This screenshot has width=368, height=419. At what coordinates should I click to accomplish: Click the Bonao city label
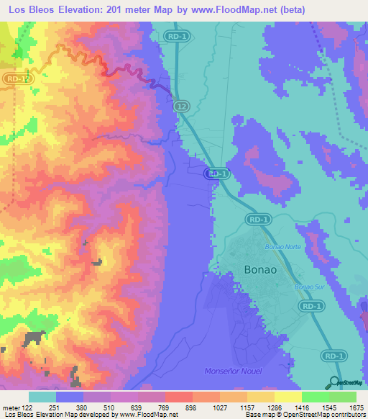[252, 269]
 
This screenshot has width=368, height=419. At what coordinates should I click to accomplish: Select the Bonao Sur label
[309, 288]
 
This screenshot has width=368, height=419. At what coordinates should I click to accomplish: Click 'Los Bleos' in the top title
[33, 10]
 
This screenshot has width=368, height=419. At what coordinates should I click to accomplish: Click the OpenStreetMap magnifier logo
[333, 382]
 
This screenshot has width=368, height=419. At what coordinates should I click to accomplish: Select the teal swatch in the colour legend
[42, 397]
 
